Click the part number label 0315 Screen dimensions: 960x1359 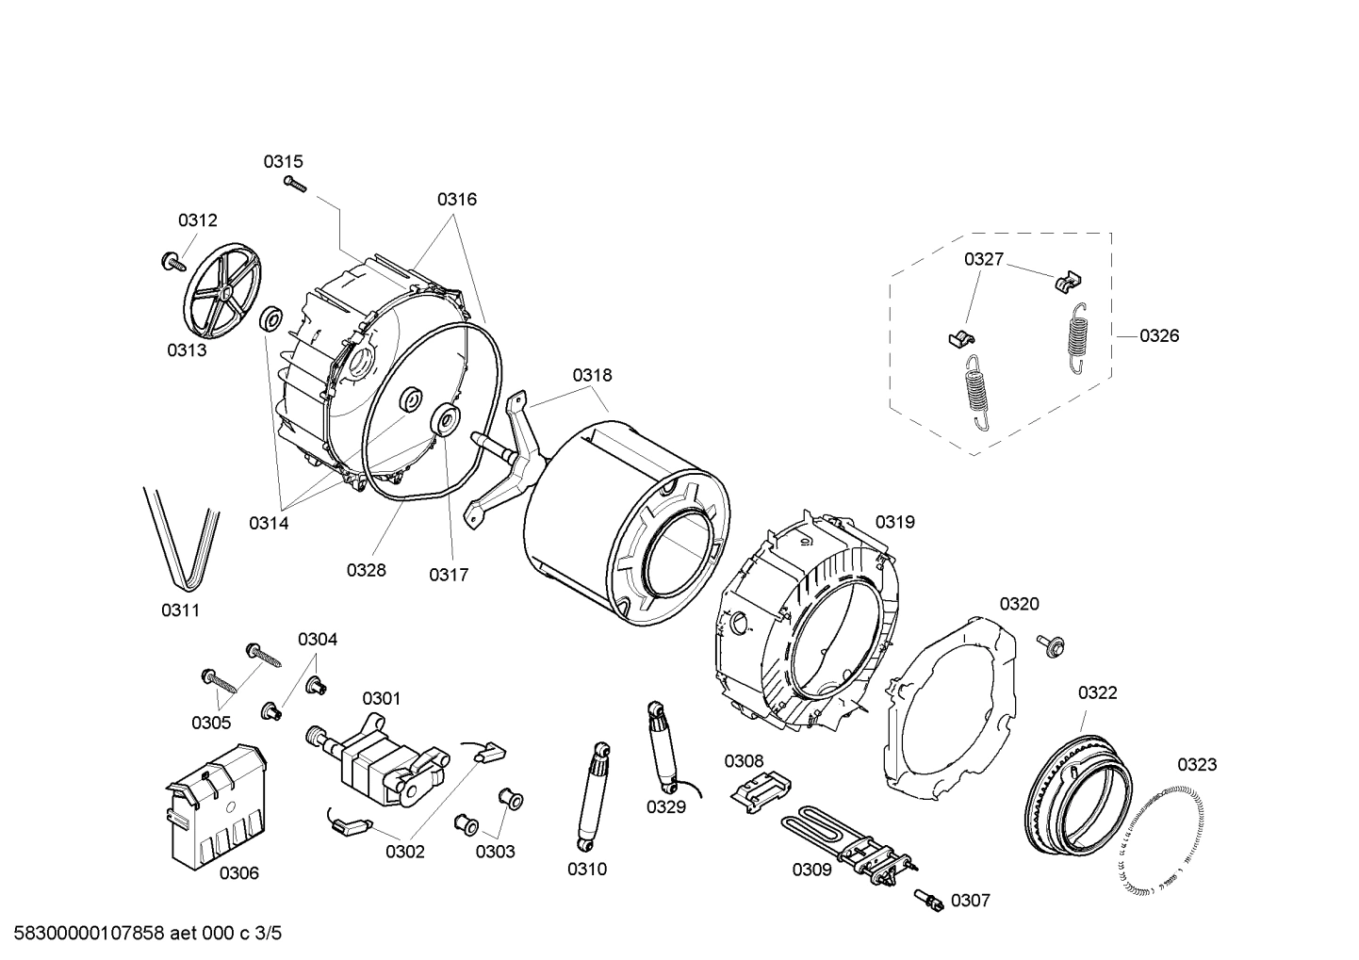pyautogui.click(x=283, y=162)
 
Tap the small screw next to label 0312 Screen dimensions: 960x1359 pyautogui.click(x=171, y=261)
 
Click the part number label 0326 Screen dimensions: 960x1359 pyautogui.click(x=1159, y=335)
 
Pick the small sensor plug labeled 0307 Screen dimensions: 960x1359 pyautogui.click(x=928, y=900)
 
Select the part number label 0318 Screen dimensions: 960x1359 pyautogui.click(x=592, y=375)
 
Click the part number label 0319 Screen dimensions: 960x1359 pyautogui.click(x=894, y=522)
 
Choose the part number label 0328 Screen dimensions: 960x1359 pyautogui.click(x=366, y=570)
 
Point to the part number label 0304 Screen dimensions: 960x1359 pyautogui.click(x=318, y=640)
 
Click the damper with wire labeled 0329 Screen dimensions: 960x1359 pyautogui.click(x=662, y=745)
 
